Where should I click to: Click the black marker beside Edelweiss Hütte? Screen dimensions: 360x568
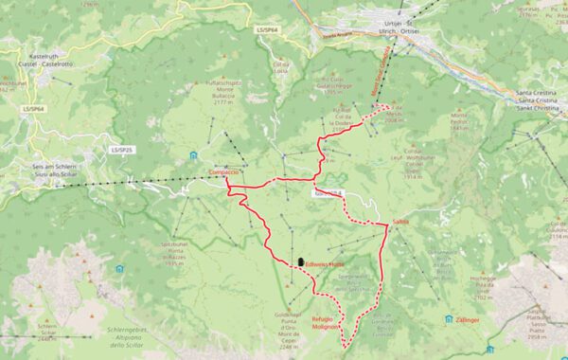300,261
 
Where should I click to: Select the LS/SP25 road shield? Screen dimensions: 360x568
121,150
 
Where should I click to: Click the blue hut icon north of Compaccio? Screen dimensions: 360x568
192,155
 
